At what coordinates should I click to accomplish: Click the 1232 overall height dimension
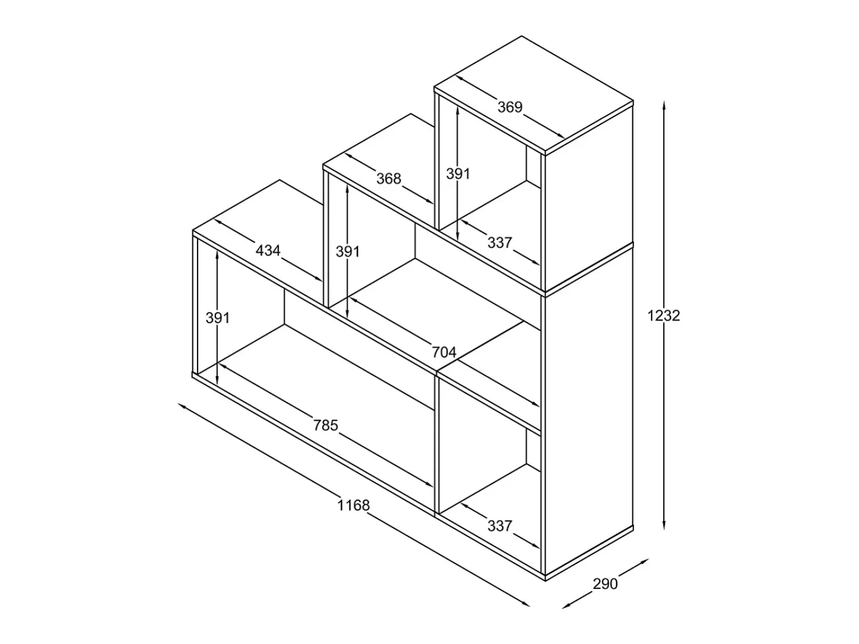[664, 316]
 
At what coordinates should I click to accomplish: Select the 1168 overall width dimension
[353, 505]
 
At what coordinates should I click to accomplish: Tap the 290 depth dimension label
[605, 584]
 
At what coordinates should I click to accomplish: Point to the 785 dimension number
[325, 425]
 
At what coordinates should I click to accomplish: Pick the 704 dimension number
[444, 352]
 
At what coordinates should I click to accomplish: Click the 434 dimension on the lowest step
[268, 250]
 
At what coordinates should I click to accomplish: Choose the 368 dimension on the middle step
[389, 179]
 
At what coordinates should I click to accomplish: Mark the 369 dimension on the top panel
[510, 107]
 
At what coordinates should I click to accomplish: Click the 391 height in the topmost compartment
[458, 174]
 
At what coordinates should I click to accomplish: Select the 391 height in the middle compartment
[348, 252]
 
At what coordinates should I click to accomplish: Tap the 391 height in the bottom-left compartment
[218, 318]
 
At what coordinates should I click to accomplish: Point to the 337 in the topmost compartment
[500, 243]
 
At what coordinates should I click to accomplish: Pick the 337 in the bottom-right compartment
[500, 526]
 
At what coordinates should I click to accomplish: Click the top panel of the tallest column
[534, 94]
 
